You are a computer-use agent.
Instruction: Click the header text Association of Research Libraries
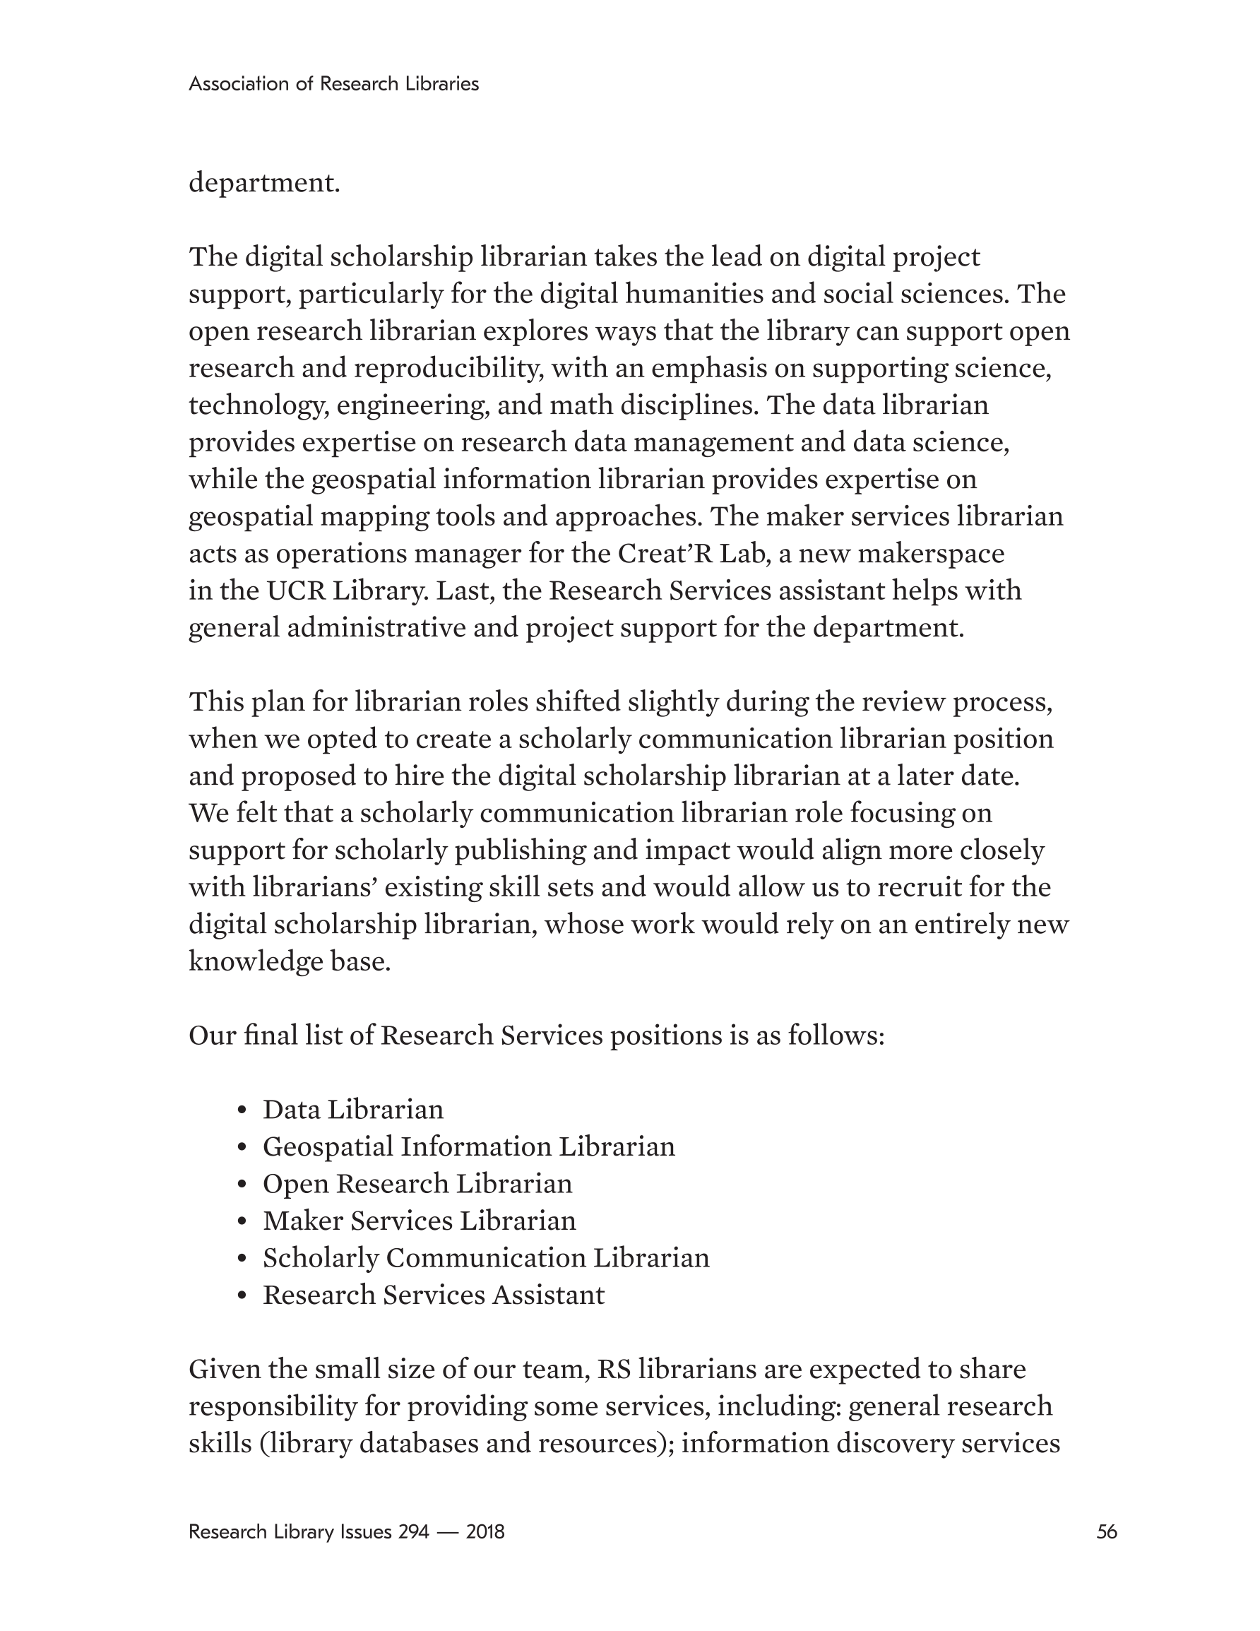coord(333,83)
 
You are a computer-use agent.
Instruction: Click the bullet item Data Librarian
coord(352,1110)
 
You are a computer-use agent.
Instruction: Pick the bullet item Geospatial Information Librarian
coord(468,1146)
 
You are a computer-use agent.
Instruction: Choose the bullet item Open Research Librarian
coord(417,1184)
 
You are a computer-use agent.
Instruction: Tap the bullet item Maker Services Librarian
coord(419,1221)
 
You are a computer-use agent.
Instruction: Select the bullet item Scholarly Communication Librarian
coord(485,1257)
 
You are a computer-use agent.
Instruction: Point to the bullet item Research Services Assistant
coord(433,1294)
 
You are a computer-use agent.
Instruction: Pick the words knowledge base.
coord(289,961)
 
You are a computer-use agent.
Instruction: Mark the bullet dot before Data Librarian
coord(241,1111)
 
